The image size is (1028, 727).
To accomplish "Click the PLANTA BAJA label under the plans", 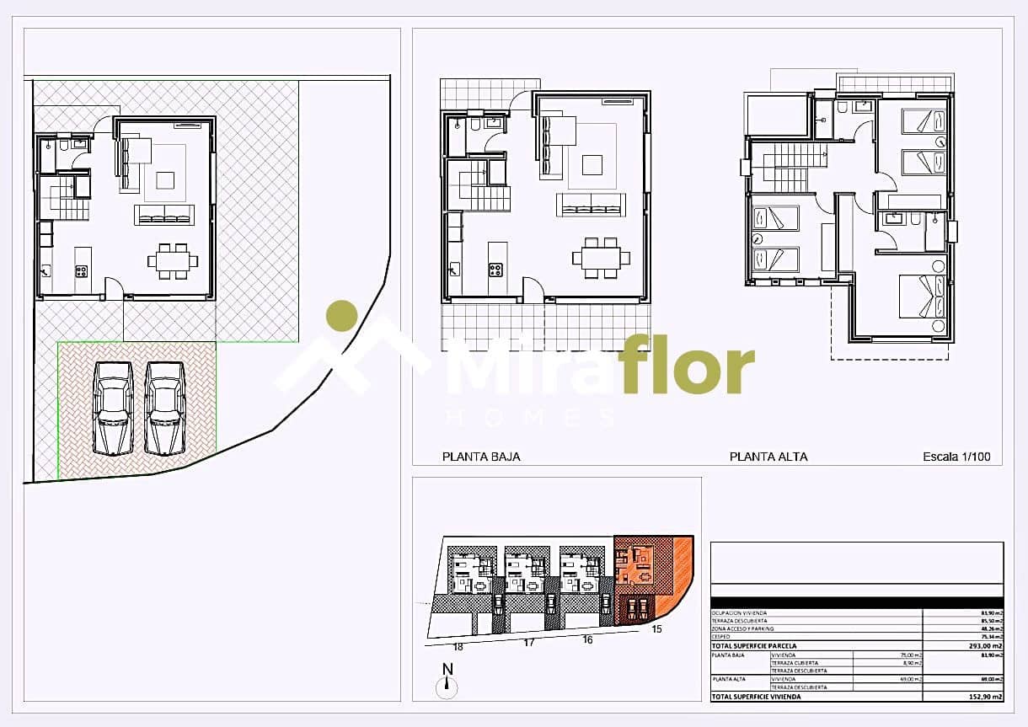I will [481, 457].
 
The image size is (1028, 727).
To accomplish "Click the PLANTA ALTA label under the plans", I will [768, 457].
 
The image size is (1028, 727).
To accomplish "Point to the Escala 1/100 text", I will [956, 457].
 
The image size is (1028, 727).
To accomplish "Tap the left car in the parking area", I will [113, 408].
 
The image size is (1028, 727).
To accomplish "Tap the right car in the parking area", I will [164, 408].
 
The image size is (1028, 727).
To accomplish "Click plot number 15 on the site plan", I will [656, 628].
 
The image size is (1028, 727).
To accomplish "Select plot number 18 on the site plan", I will [458, 647].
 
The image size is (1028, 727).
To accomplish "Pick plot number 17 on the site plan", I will [529, 644].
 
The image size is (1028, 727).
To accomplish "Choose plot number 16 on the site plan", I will [587, 640].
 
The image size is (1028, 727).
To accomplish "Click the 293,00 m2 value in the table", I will [985, 646].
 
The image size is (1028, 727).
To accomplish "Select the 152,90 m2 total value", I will [985, 697].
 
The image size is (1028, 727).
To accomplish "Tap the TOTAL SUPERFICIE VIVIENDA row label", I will [756, 697].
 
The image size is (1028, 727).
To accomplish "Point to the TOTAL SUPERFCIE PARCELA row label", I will [754, 646].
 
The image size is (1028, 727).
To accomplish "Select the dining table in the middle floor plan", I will [600, 257].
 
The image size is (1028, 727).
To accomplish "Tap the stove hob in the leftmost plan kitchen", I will [82, 271].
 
